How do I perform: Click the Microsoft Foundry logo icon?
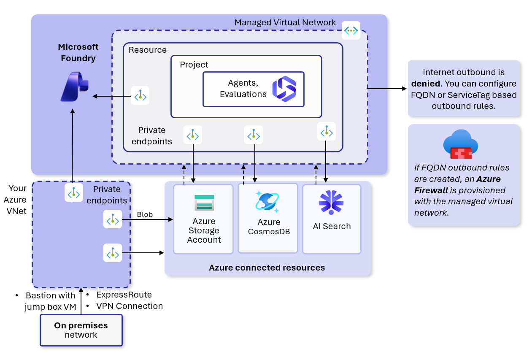pos(75,87)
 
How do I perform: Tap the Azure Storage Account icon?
pos(204,203)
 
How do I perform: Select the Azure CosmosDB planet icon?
pos(267,202)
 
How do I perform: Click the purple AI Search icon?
pos(331,203)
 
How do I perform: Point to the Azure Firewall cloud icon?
pos(461,144)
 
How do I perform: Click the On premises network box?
pos(81,330)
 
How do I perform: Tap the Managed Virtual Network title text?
pos(285,22)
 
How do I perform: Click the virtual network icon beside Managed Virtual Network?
pos(351,30)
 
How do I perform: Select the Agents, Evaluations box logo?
pos(284,89)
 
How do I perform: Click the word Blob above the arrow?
pos(145,214)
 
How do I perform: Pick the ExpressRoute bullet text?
pos(124,295)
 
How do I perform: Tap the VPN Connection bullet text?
pos(130,306)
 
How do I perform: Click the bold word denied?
pos(426,84)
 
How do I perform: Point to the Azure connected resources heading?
pos(267,268)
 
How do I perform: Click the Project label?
pos(194,65)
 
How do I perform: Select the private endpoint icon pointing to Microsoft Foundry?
pos(140,95)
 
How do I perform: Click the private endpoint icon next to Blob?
pos(113,219)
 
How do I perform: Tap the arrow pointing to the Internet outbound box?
pos(387,89)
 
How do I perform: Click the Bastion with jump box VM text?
pos(50,301)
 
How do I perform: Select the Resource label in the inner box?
pos(148,50)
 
